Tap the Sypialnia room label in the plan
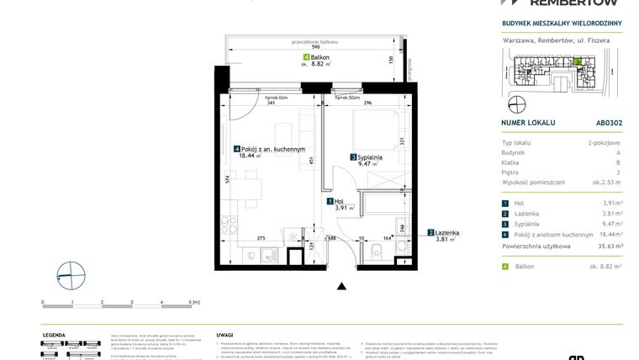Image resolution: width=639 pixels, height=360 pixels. pyautogui.click(x=369, y=156)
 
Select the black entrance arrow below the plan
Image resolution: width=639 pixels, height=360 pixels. pyautogui.click(x=341, y=288)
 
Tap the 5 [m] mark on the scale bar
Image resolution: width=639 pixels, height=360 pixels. pyautogui.click(x=193, y=301)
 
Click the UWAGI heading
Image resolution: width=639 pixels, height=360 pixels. pyautogui.click(x=224, y=334)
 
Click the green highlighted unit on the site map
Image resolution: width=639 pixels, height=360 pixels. pyautogui.click(x=577, y=61)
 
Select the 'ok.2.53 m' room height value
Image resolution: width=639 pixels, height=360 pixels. pyautogui.click(x=606, y=182)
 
